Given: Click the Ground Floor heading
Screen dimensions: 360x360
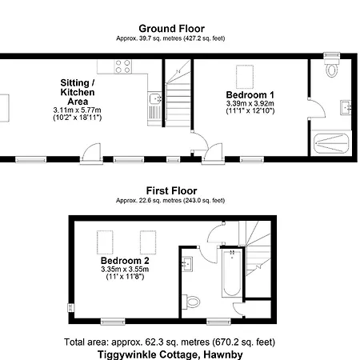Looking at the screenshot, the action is [x=171, y=29].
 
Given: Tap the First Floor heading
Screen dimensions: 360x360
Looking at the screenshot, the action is [x=171, y=190].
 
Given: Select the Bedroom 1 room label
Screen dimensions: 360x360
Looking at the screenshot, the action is [x=250, y=94].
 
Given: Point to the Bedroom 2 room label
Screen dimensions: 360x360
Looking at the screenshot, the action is [x=125, y=260].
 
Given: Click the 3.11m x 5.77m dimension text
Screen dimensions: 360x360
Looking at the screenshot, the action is [x=77, y=110].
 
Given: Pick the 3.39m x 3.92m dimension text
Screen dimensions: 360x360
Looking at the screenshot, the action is [x=250, y=103].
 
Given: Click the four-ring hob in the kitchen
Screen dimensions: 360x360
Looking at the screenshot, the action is [x=123, y=66].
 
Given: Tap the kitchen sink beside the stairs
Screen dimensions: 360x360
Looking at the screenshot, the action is [x=155, y=109].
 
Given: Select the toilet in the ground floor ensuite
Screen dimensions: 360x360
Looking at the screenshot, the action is [x=332, y=66].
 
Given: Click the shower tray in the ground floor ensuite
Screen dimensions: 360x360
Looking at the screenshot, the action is [x=331, y=143].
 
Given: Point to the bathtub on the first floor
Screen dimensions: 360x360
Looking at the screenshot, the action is [x=232, y=273].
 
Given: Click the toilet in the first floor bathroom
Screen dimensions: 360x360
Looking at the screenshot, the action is [x=191, y=302].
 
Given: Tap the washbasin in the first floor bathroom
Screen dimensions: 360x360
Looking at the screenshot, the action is [x=187, y=264].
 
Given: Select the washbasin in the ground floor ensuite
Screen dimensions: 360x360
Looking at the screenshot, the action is [x=346, y=107].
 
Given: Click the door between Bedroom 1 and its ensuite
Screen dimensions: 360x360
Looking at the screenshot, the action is [x=318, y=108].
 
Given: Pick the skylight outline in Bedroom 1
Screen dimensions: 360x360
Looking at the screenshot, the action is [x=245, y=77].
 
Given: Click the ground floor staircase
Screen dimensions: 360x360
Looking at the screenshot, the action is [x=178, y=93].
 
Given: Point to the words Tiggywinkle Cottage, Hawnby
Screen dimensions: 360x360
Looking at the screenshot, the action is [x=170, y=354].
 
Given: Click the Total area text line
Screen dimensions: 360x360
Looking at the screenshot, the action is [x=170, y=342].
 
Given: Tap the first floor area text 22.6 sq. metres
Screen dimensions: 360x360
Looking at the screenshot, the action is [x=160, y=200].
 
